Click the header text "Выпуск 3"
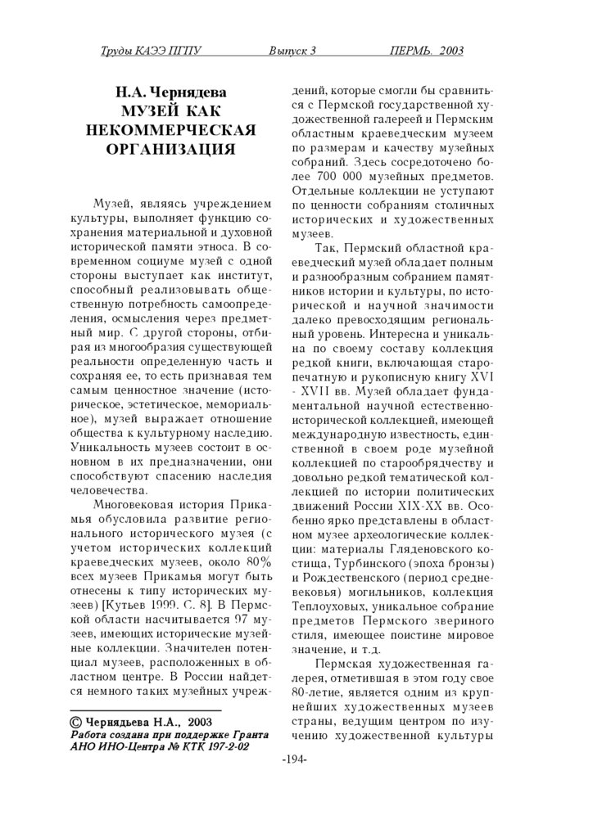point(292,52)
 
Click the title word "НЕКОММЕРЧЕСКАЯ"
point(171,130)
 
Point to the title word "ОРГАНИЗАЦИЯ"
point(171,149)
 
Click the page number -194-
point(294,759)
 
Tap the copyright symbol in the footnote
point(74,723)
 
